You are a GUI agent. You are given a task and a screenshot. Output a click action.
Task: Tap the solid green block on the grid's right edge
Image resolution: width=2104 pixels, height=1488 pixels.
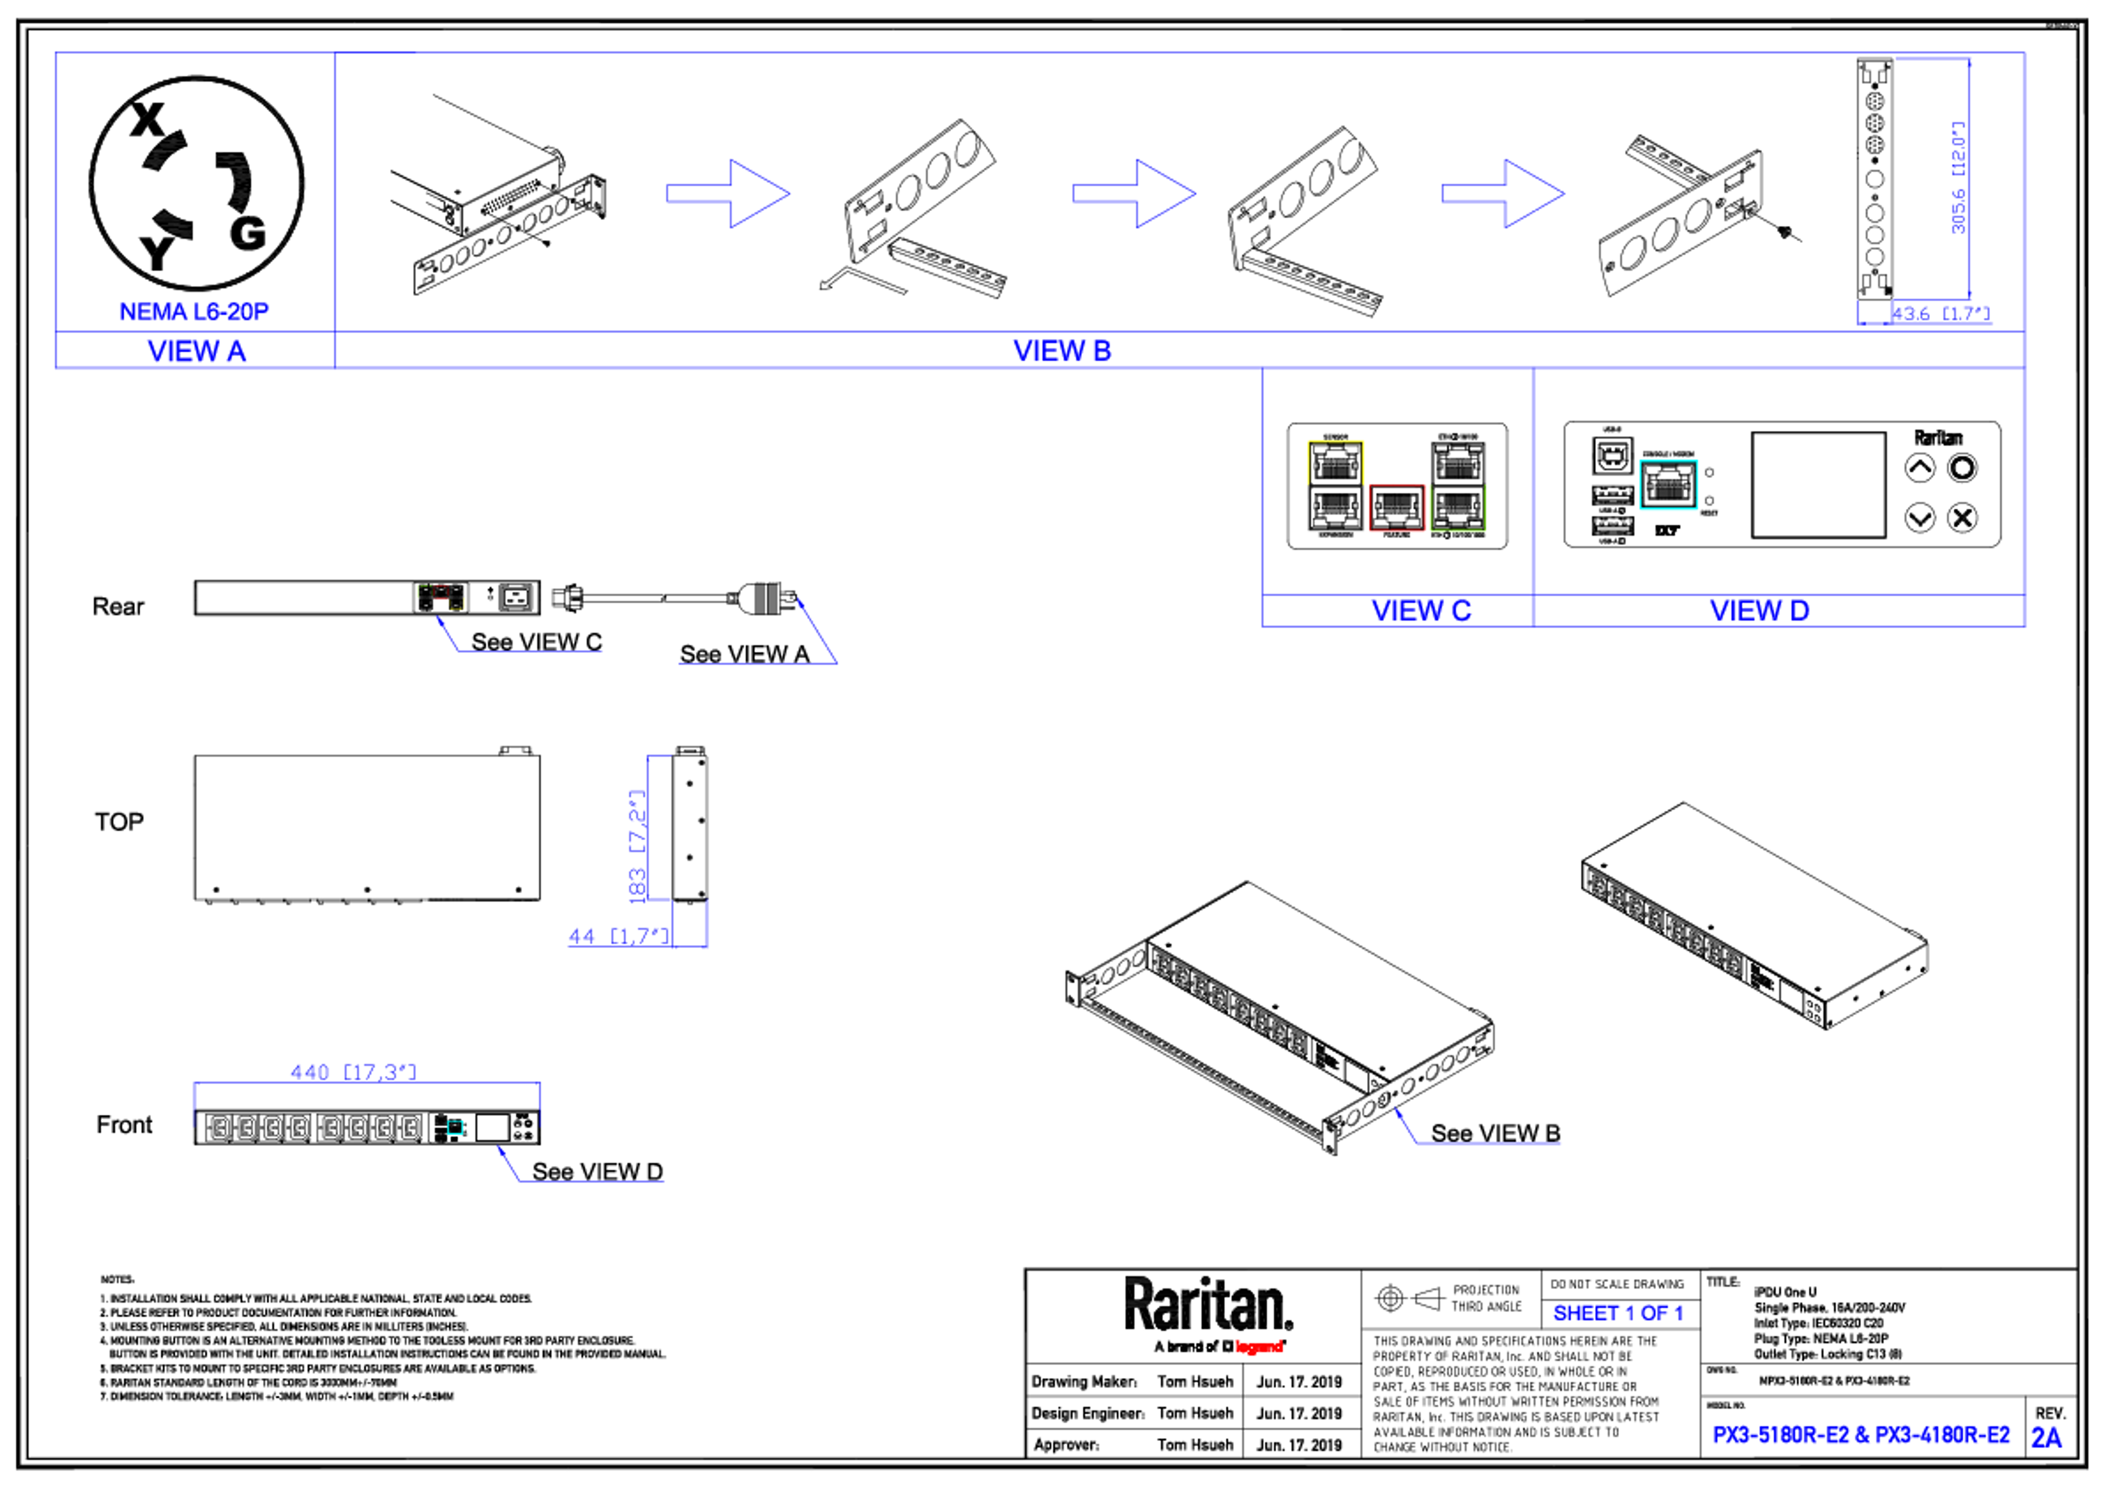coord(1494,508)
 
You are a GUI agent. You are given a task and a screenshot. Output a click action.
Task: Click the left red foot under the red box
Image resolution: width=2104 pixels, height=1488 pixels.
coord(1375,539)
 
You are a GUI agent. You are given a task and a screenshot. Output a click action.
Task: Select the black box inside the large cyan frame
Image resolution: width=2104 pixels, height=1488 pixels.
coord(1668,483)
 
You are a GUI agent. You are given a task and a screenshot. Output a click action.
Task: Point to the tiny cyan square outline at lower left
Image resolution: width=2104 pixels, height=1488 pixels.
coord(455,1128)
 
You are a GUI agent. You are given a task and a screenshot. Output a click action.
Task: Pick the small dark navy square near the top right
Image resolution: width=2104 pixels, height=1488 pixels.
coord(1874,312)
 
